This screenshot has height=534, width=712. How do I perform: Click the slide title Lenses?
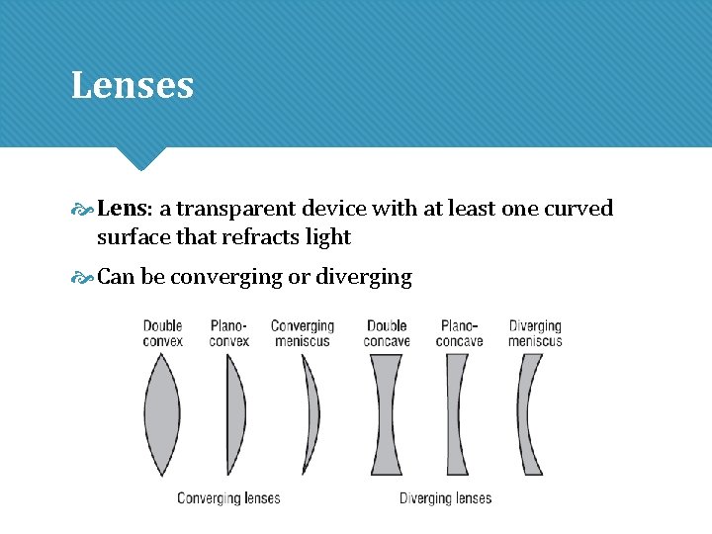(x=132, y=86)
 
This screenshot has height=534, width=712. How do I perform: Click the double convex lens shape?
(x=162, y=415)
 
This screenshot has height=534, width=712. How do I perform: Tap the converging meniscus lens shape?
(x=312, y=415)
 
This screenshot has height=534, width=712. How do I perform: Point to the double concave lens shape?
(x=386, y=415)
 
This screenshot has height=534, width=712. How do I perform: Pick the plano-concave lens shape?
(x=457, y=415)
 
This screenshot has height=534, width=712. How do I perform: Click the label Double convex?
(x=163, y=333)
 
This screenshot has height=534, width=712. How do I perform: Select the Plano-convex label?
(x=229, y=333)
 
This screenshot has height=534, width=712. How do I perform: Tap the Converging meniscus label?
(x=303, y=333)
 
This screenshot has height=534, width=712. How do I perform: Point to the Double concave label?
(x=387, y=333)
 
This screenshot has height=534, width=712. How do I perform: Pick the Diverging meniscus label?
(x=535, y=333)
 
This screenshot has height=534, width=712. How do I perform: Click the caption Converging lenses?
(x=228, y=498)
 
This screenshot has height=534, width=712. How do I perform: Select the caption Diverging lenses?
(x=445, y=498)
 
